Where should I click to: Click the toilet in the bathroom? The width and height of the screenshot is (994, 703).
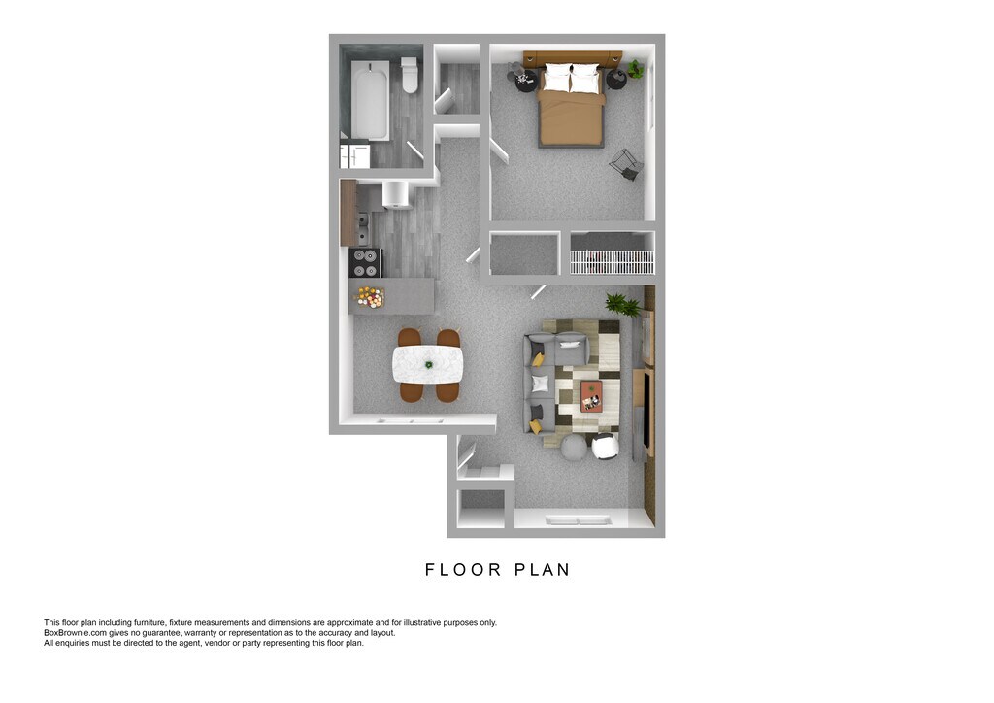[x=410, y=76]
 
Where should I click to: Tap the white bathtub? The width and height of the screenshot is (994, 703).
[x=370, y=100]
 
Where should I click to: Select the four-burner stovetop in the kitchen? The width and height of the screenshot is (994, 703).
[x=365, y=263]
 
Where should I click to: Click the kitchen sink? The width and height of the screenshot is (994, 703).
[x=363, y=227]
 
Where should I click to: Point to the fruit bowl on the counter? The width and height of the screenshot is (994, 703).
[x=370, y=296]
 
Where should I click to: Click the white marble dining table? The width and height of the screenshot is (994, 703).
[x=427, y=364]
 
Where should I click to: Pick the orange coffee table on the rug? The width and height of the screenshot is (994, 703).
[x=591, y=395]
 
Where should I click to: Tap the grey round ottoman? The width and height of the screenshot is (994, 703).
[x=574, y=448]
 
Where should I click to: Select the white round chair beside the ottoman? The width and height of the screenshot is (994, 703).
[x=605, y=447]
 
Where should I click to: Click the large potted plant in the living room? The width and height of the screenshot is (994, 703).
[x=622, y=305]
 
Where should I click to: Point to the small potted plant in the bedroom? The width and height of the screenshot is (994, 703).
[x=635, y=69]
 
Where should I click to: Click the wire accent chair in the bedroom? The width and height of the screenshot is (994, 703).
[x=626, y=164]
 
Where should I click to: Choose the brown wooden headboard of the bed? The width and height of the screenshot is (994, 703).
[x=572, y=58]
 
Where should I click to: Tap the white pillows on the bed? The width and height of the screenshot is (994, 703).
[x=572, y=79]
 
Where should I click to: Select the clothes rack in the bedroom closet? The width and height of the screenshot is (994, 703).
[x=612, y=261]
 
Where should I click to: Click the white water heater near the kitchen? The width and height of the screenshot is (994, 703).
[x=395, y=193]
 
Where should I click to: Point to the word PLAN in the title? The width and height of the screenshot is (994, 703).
[x=541, y=570]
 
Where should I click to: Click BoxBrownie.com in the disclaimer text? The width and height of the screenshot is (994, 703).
[x=75, y=633]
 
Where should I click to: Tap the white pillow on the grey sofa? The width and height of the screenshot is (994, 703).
[x=540, y=384]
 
